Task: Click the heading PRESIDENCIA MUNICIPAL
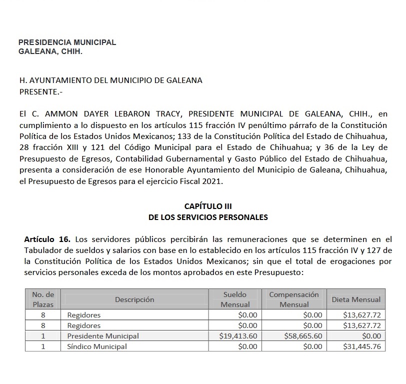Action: click(67, 42)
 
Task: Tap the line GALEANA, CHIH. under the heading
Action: click(50, 51)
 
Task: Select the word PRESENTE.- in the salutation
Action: click(41, 92)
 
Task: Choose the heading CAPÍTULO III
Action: click(208, 206)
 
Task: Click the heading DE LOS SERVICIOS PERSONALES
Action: click(208, 217)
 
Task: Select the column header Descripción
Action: click(134, 299)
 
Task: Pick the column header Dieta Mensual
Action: click(356, 299)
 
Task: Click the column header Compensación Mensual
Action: click(294, 299)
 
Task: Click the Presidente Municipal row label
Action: click(103, 336)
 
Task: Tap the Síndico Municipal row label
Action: click(97, 346)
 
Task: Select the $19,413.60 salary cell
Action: click(238, 336)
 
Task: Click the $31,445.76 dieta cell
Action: click(362, 346)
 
